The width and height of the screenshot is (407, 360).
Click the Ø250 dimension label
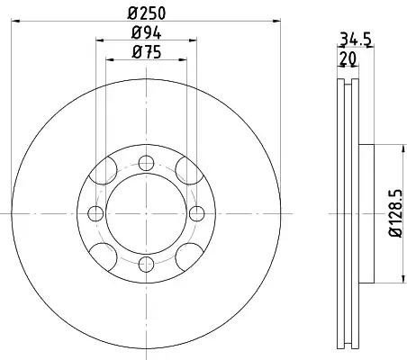point(147,13)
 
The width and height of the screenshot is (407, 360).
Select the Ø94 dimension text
point(146,33)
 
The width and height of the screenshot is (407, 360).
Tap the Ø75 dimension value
point(147,52)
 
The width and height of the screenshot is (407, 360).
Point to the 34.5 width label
point(356,40)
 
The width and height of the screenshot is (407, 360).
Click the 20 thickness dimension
point(348,58)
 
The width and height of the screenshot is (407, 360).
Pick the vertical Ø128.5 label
point(395,213)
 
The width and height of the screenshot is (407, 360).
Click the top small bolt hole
point(146,163)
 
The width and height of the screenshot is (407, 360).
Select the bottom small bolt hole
point(146,265)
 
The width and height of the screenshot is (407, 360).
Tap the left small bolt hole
point(95,213)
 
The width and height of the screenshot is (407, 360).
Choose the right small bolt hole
point(197,213)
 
